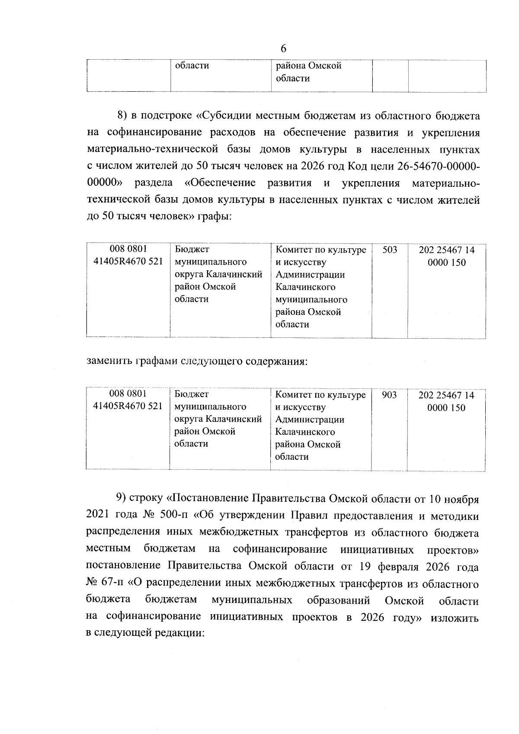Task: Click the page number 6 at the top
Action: coord(284,48)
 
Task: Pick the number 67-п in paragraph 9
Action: coord(115,584)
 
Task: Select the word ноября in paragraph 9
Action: coord(463,499)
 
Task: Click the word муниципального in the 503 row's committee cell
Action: coord(311,300)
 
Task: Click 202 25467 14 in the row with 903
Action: coord(446,395)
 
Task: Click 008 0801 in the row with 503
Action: coord(128,249)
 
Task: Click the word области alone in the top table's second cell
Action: coord(192,66)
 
